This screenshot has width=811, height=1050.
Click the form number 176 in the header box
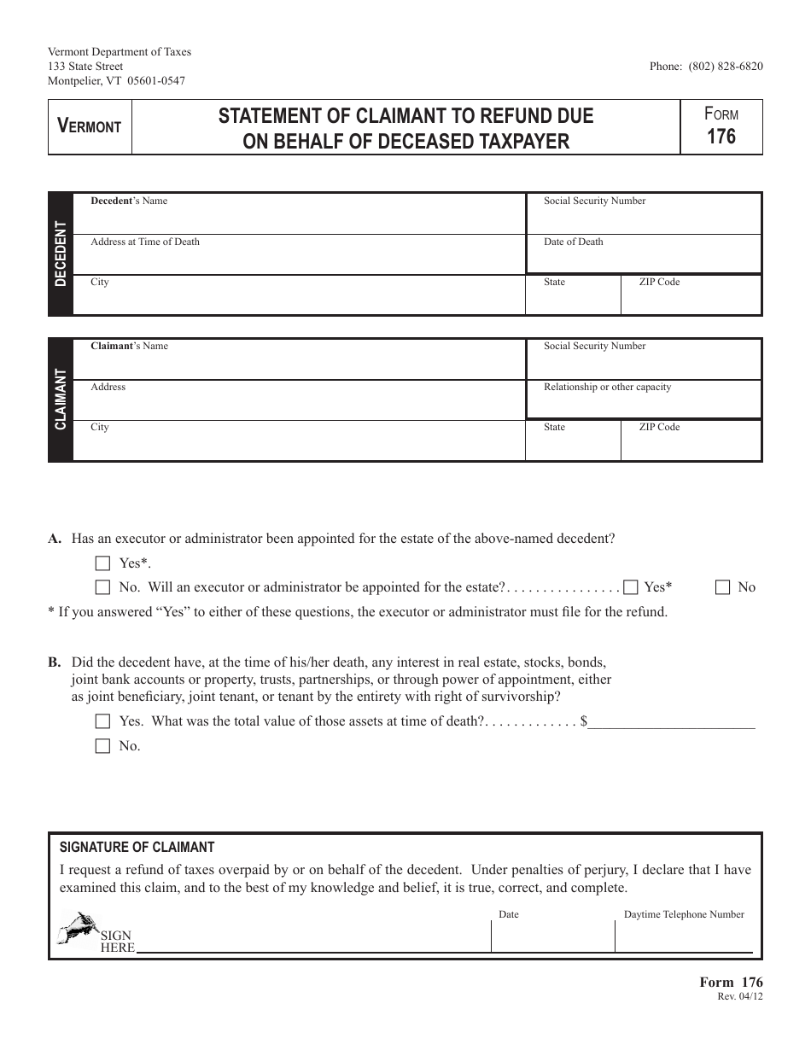(721, 136)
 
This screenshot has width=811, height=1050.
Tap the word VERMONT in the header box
(90, 126)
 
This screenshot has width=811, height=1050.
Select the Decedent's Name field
(299, 217)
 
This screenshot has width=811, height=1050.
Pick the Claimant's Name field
(299, 362)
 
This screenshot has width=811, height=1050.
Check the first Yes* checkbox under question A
(103, 563)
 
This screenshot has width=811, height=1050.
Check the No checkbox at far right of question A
(723, 587)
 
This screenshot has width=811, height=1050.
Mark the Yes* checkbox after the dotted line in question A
(631, 587)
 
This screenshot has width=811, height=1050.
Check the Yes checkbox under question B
(103, 721)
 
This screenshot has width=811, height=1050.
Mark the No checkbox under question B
(103, 746)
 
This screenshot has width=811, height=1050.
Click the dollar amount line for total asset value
(672, 721)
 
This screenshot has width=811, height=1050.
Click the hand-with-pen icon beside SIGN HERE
(76, 929)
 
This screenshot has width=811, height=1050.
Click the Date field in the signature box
(552, 937)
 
